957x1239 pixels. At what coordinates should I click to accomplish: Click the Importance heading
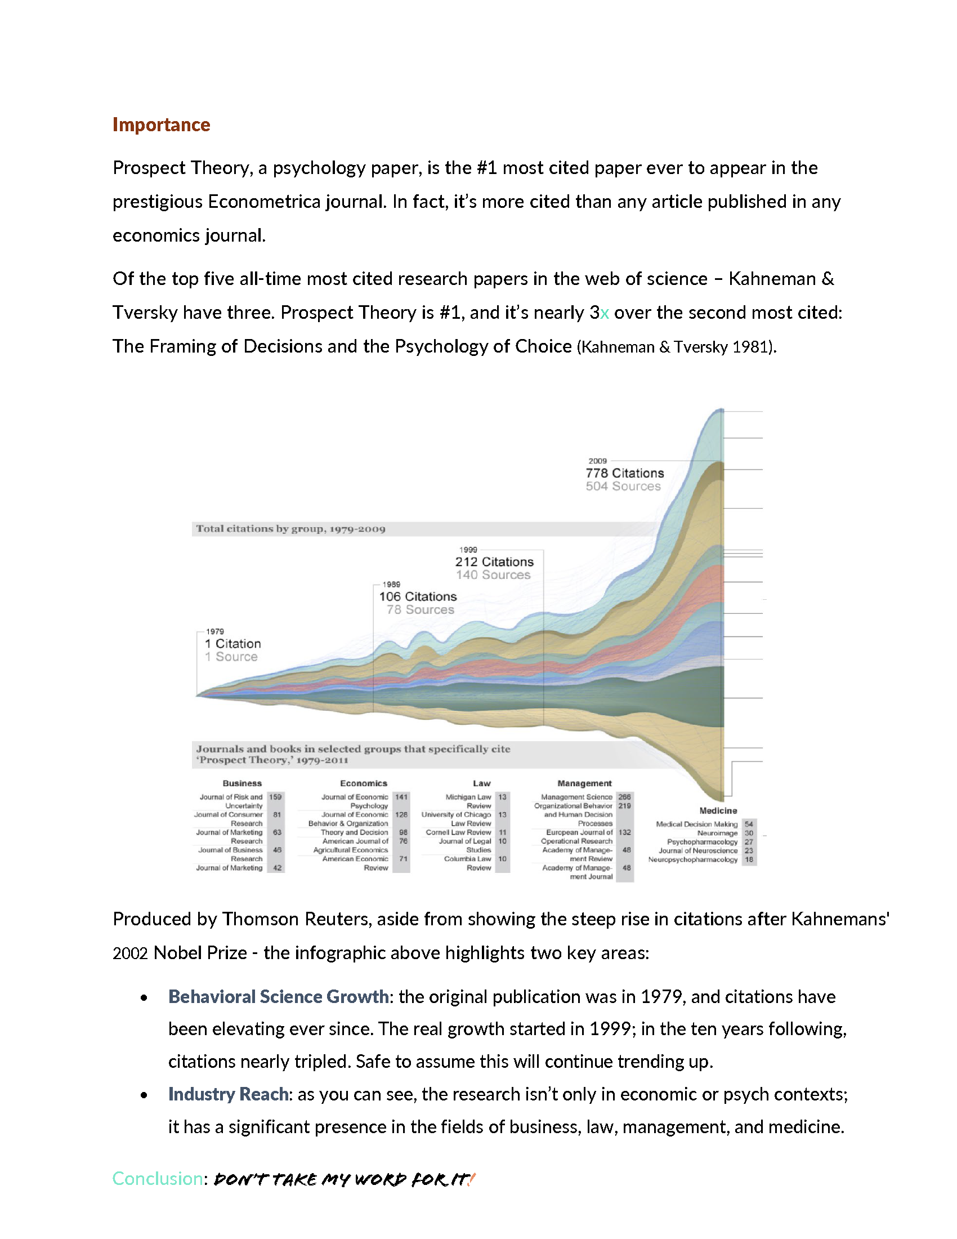[161, 125]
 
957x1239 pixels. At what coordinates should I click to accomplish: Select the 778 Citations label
[624, 473]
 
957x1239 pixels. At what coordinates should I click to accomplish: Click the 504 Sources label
[623, 486]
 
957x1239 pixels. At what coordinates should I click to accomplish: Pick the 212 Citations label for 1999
[494, 561]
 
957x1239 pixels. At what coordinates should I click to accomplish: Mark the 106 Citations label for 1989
[418, 596]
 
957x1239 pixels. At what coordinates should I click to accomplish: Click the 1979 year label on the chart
[215, 631]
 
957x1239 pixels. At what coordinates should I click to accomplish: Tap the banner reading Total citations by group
[290, 529]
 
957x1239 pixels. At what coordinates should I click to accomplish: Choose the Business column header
[242, 783]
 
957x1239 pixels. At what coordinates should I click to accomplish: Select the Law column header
[481, 783]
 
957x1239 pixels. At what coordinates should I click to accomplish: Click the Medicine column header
[718, 810]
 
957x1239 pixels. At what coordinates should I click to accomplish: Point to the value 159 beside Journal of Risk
[275, 797]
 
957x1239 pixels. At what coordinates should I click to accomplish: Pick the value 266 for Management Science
[624, 797]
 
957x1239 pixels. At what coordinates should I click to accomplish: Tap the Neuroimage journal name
[717, 834]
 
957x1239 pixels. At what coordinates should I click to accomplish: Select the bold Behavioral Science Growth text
[278, 997]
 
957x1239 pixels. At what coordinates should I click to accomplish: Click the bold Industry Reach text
[228, 1094]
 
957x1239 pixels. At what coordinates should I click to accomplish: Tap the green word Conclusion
[157, 1179]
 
